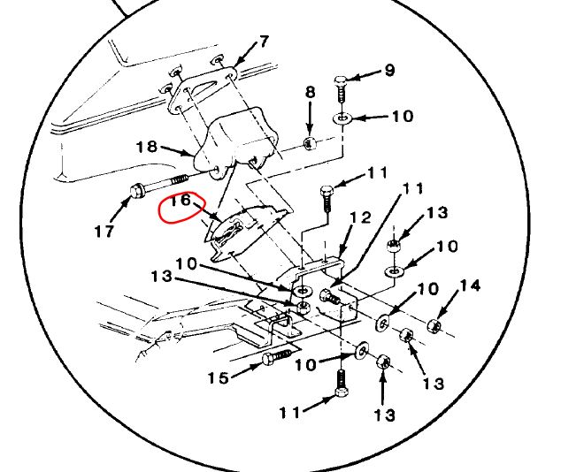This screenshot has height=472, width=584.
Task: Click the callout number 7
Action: (264, 42)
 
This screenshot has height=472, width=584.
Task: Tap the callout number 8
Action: (311, 92)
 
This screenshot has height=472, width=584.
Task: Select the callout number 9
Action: (389, 70)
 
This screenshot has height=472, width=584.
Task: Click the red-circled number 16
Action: (181, 201)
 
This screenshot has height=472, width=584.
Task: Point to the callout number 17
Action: (104, 232)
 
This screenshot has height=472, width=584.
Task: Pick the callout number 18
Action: (147, 147)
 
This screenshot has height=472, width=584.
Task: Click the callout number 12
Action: (360, 217)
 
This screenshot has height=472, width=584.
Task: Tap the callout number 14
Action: (470, 285)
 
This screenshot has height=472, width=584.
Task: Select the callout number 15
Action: (219, 378)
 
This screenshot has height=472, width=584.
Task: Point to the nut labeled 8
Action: (309, 143)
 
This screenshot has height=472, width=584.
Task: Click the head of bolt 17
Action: (136, 191)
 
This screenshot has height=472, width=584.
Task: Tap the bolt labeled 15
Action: (278, 357)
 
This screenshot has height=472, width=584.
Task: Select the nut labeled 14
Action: (434, 326)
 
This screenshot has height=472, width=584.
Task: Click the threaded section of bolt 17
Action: (179, 180)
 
